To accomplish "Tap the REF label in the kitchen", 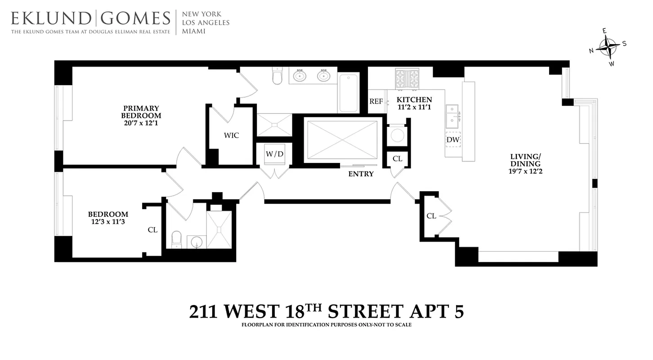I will coord(376,102).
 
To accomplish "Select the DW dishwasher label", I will coord(453,140).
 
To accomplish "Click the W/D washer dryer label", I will coord(274,154).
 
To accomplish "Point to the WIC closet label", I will coord(231,135).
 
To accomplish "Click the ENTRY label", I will coord(361,174).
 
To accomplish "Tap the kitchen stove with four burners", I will coord(407,79).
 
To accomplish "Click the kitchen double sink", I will coord(452,116).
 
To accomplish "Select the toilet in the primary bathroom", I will coord(277,77).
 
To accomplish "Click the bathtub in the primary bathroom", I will coord(349,93).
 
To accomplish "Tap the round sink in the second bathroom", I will coord(197,242).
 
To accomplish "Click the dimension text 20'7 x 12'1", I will coord(141,123).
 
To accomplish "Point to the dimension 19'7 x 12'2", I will coord(525,171).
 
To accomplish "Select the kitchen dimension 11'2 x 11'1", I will coord(414,107).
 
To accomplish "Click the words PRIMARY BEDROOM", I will coord(141,112).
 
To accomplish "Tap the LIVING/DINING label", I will coord(525,160).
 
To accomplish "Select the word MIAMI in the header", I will coord(193,31).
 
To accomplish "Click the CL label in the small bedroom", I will coord(152,230).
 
